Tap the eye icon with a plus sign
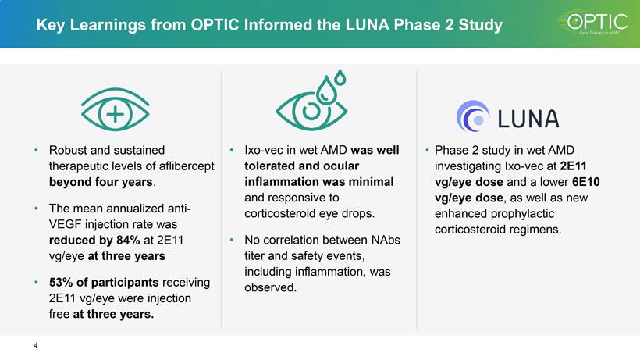pos(116,112)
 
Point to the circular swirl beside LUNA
pos(472,117)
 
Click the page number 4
pos(36,345)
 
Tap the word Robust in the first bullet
pos(70,149)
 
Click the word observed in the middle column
pos(270,288)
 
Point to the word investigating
pos(471,166)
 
